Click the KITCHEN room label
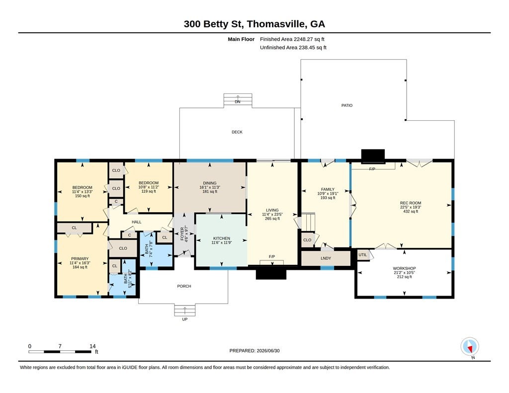pyautogui.click(x=222, y=238)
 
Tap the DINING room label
pyautogui.click(x=210, y=183)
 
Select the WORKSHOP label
pyautogui.click(x=404, y=268)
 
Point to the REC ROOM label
pyautogui.click(x=411, y=203)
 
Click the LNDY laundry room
pyautogui.click(x=326, y=258)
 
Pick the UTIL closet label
pyautogui.click(x=362, y=255)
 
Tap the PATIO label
pyautogui.click(x=347, y=105)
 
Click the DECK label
pyautogui.click(x=237, y=132)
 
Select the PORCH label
pyautogui.click(x=184, y=286)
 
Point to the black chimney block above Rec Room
pyautogui.click(x=373, y=156)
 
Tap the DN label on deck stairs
pyautogui.click(x=238, y=102)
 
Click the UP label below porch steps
pyautogui.click(x=185, y=319)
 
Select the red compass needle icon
pyautogui.click(x=469, y=349)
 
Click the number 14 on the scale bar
pyautogui.click(x=92, y=346)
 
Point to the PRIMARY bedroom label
pyautogui.click(x=80, y=259)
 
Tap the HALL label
pyautogui.click(x=137, y=222)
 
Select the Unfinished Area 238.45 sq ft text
pyautogui.click(x=293, y=47)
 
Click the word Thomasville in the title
pyautogui.click(x=276, y=24)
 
